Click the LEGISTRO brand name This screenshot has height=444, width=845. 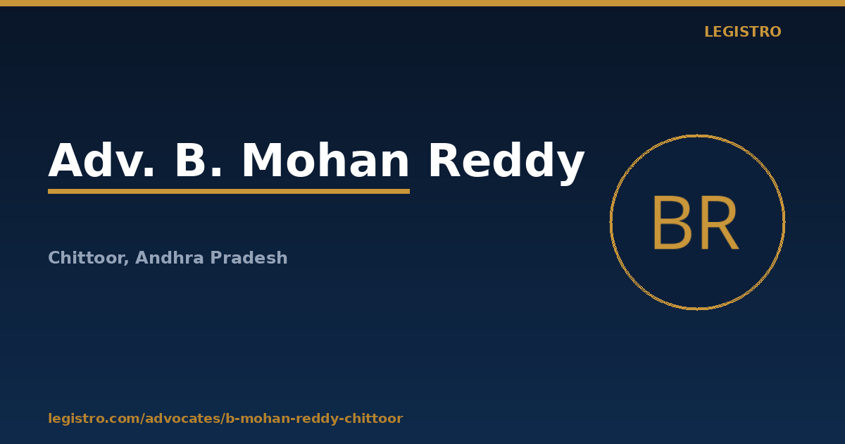pos(743,32)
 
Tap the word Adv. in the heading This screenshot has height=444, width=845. pos(101,160)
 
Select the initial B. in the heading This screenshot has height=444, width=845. pos(199,160)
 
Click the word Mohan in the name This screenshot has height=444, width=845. pos(325,159)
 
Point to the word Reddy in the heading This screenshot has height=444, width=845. pos(506,163)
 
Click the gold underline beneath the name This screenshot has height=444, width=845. pos(229,192)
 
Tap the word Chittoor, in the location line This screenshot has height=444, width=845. pos(89,258)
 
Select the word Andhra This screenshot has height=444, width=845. pos(170,257)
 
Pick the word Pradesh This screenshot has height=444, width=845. pos(249,257)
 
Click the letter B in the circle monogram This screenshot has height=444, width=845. pos(672,223)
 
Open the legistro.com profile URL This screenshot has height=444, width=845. pos(225,419)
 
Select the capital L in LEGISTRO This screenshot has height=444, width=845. pos(708,32)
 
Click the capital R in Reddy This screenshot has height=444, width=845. pos(445,160)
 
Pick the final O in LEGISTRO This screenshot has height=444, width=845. pos(775,32)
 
